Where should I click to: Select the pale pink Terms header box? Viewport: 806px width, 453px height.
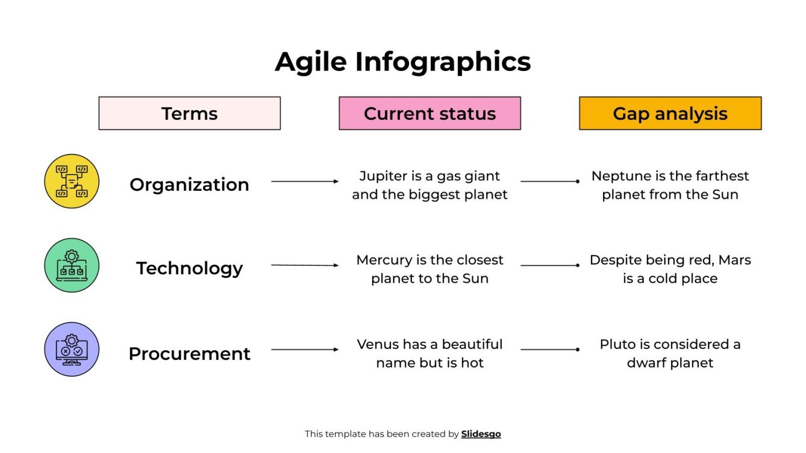189,113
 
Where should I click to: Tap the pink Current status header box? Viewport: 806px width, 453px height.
430,113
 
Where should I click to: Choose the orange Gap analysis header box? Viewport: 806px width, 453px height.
670,113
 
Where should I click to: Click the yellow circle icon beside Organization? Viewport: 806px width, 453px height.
72,181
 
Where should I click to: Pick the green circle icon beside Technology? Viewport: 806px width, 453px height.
72,265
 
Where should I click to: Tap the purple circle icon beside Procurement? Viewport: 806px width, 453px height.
72,350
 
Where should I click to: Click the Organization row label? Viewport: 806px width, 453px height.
189,185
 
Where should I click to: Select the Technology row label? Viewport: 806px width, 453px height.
189,268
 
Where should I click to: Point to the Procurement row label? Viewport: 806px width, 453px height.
189,354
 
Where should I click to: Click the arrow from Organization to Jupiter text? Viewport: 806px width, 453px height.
305,181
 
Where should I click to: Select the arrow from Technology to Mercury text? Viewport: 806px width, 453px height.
305,265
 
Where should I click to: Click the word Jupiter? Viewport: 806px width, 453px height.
383,176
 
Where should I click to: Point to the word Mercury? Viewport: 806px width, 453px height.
384,260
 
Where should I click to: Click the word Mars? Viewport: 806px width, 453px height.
735,260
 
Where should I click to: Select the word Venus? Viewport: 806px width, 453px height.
377,345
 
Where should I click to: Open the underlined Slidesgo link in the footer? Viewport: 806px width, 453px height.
481,434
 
